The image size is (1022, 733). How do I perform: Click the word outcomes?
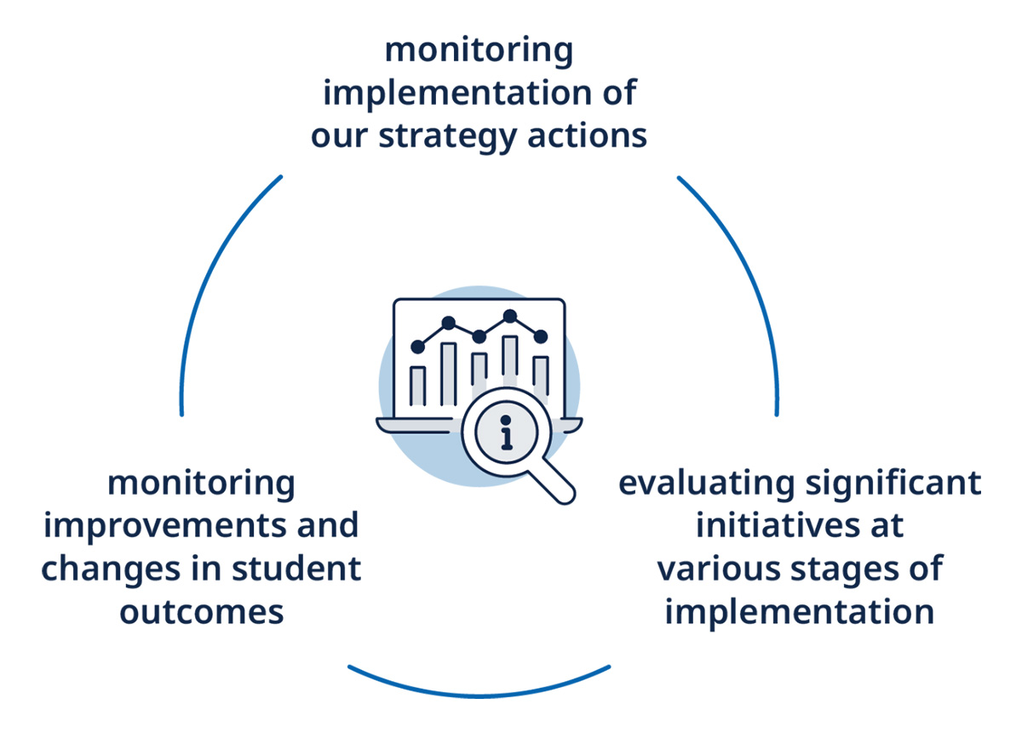pos(202,611)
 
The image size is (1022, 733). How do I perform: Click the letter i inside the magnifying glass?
pos(508,432)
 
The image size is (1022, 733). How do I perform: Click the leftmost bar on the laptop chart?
pos(418,386)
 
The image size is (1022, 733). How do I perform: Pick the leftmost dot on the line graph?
pos(417,346)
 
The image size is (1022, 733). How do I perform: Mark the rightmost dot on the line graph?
pos(541,336)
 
